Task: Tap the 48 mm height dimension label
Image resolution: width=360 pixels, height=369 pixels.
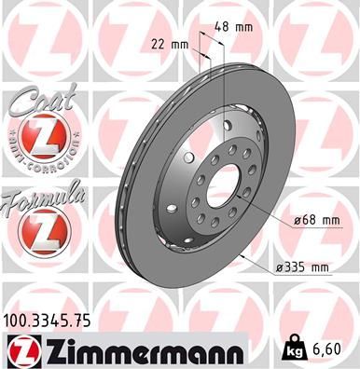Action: [x=238, y=26]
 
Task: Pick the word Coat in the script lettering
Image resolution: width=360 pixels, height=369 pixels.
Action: [x=37, y=98]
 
